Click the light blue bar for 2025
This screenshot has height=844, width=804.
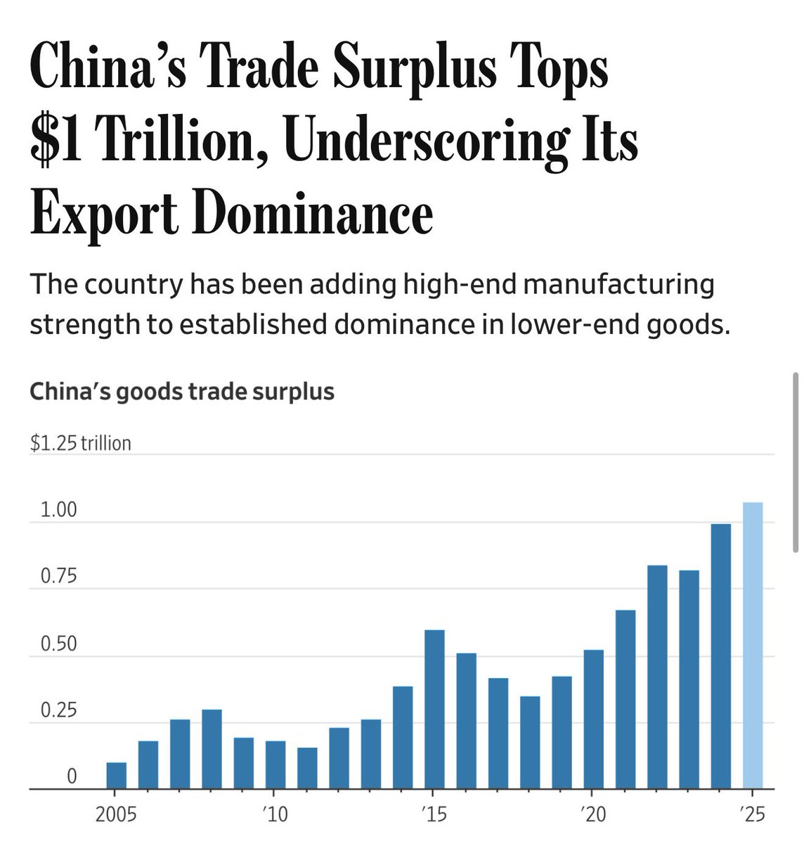(x=753, y=645)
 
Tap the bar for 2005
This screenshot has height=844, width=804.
(x=117, y=775)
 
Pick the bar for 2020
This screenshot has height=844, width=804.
(x=594, y=719)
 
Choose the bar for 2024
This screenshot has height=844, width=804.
(x=721, y=656)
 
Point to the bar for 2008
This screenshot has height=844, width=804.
(x=212, y=749)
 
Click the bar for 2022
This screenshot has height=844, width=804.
(x=657, y=677)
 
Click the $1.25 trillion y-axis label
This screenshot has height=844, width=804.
(x=81, y=443)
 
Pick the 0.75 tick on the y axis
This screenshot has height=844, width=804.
(x=58, y=577)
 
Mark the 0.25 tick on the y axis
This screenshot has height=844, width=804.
(x=58, y=710)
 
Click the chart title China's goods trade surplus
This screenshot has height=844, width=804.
(x=182, y=391)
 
